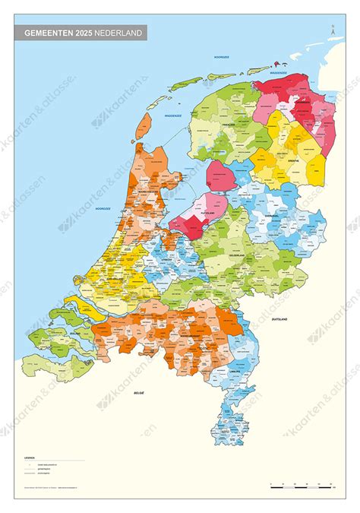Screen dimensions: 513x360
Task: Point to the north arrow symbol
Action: coord(332,30)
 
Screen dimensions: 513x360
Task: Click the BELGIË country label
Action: coord(138,393)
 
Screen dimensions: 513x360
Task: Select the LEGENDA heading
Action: coord(30,458)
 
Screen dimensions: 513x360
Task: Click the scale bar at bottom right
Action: coord(305,484)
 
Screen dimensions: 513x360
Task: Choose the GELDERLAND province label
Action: coord(238,256)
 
